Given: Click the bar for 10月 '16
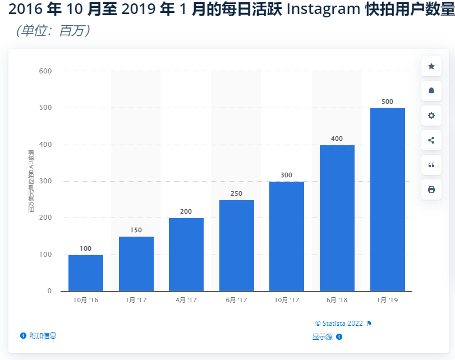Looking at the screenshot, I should click(86, 273).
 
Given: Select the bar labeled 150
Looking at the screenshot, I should click(136, 264).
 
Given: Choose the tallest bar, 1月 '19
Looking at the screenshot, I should click(387, 199).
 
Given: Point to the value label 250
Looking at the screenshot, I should click(236, 193).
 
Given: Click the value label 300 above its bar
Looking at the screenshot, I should click(286, 175).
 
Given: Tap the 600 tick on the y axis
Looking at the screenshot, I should click(45, 71).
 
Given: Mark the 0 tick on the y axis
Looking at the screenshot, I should click(49, 291).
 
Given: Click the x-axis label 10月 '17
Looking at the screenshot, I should click(286, 301).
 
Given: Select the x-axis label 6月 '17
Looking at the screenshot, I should click(236, 301).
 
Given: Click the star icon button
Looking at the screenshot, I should click(431, 66).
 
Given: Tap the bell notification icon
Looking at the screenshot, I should click(431, 91).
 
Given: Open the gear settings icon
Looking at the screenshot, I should click(431, 116).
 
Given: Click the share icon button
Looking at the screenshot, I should click(431, 140).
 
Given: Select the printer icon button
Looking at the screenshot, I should click(431, 190).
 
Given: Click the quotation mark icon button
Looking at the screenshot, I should click(431, 165).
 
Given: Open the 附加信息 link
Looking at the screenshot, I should click(43, 335).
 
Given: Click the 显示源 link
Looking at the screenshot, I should click(323, 336).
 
